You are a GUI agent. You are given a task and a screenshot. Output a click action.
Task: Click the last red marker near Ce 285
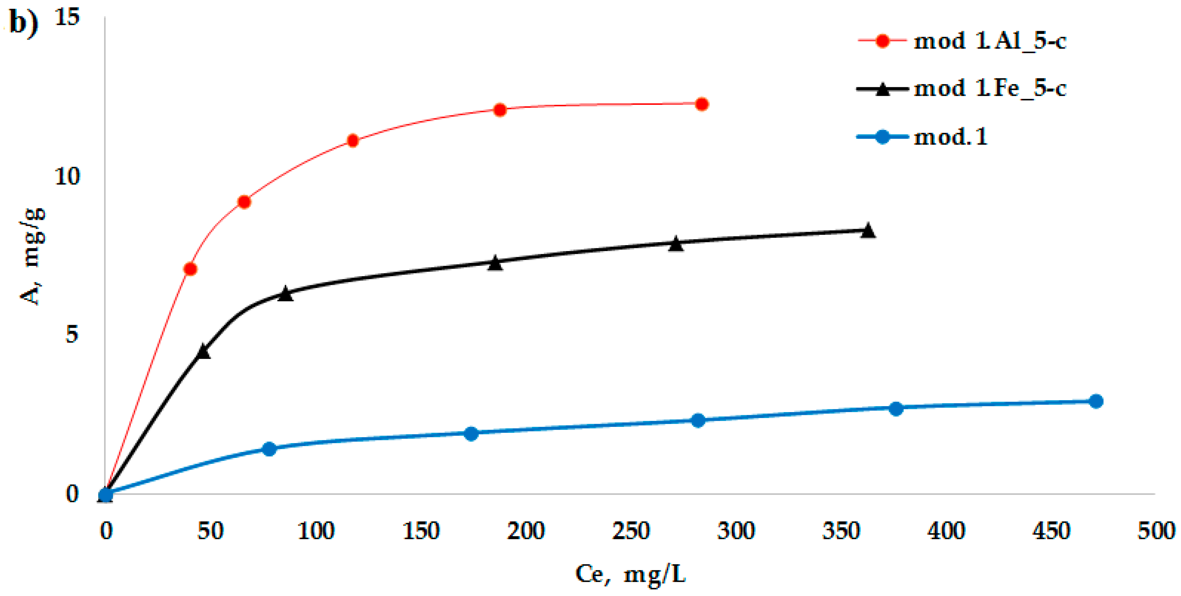pyautogui.click(x=701, y=105)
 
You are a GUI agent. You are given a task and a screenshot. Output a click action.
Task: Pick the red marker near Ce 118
pyautogui.click(x=352, y=141)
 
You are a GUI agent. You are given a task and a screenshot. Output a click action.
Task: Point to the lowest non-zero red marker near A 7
pyautogui.click(x=190, y=269)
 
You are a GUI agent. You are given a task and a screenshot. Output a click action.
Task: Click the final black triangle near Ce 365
pyautogui.click(x=868, y=231)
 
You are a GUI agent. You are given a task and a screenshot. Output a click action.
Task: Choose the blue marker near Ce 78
pyautogui.click(x=270, y=449)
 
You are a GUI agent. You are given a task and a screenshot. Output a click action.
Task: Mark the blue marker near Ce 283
pyautogui.click(x=698, y=421)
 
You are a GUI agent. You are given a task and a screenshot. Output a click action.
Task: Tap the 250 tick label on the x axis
pyautogui.click(x=631, y=531)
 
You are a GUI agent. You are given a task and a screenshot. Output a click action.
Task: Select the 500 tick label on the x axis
pyautogui.click(x=1156, y=531)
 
